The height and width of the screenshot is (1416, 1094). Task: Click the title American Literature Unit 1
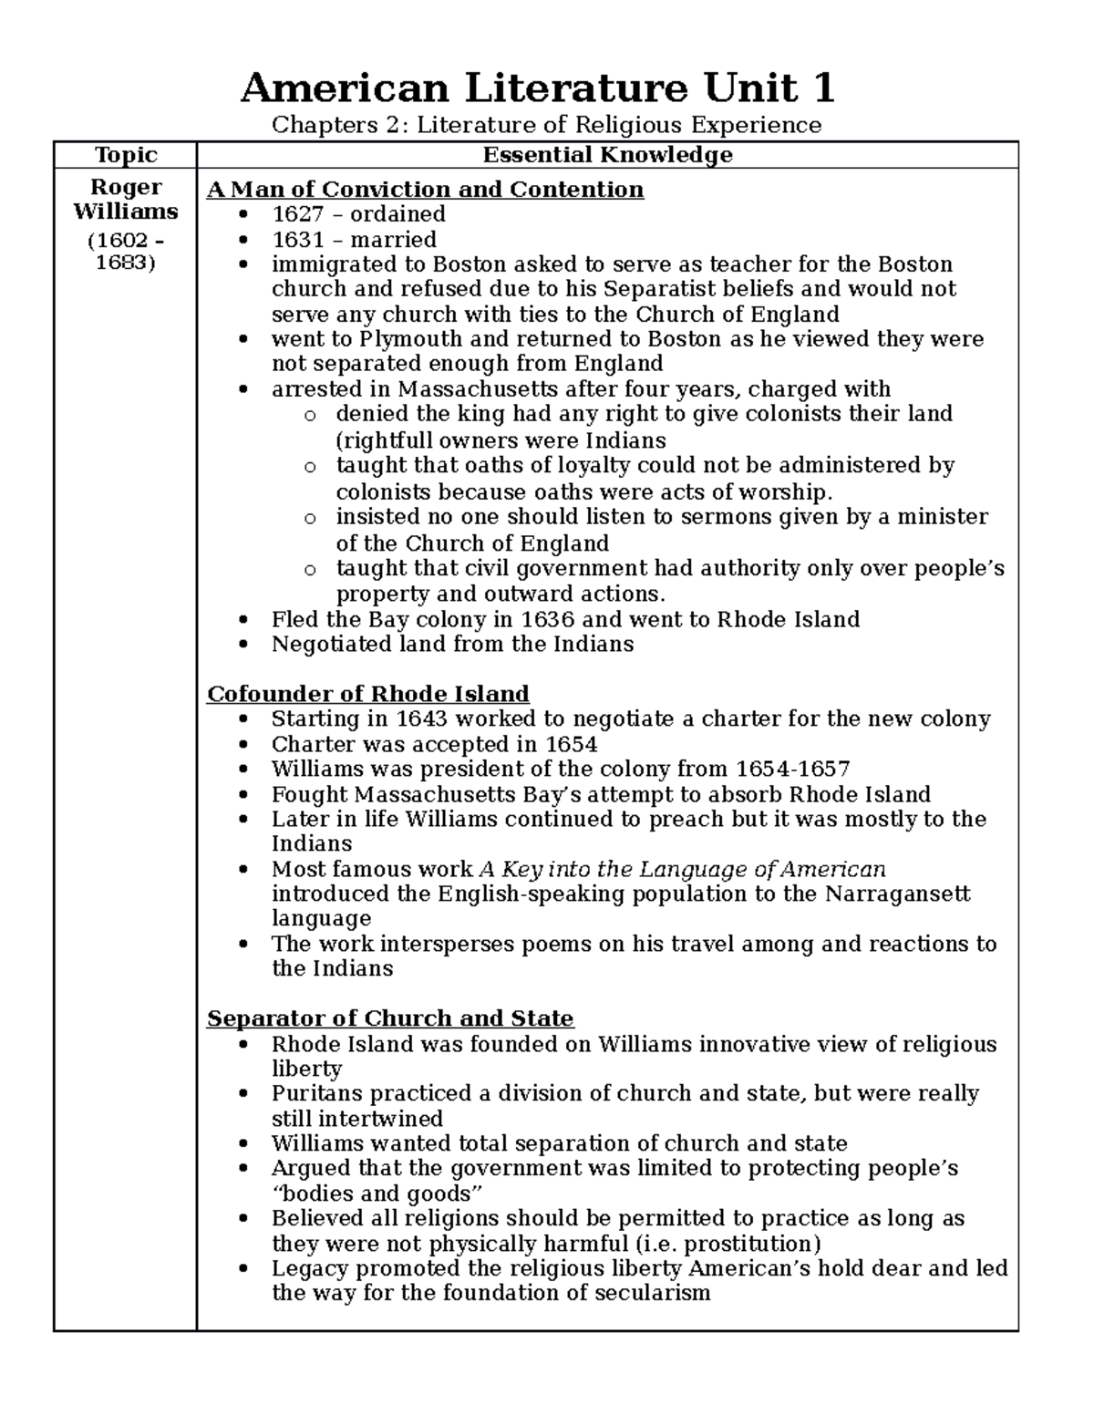pos(537,89)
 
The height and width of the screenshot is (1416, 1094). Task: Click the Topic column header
pos(126,156)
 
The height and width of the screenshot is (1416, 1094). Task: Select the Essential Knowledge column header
pos(607,156)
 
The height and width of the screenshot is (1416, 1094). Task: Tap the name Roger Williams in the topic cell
pos(126,200)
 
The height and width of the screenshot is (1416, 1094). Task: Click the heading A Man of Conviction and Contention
pos(425,190)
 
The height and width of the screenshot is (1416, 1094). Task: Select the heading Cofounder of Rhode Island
pos(368,694)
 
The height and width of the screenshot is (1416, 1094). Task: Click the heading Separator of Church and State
pos(390,1018)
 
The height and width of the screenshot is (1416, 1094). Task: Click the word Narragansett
pos(897,894)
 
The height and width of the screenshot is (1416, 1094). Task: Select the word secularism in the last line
pos(653,1294)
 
